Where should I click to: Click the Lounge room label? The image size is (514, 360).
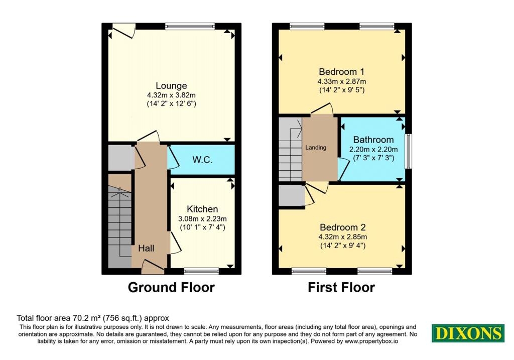[171, 86]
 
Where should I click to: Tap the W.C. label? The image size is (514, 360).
[202, 160]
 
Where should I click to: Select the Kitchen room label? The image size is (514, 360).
[202, 209]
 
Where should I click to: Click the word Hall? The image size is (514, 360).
[146, 248]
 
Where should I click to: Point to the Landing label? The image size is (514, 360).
[316, 148]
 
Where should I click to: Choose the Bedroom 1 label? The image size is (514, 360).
[341, 71]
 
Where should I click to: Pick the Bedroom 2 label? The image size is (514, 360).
[341, 227]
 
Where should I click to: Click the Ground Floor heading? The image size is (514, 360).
[171, 288]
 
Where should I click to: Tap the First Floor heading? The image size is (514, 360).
[341, 288]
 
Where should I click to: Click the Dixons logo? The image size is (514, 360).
[468, 333]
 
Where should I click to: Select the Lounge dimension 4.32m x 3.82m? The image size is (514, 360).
[171, 95]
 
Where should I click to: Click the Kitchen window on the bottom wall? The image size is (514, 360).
[201, 271]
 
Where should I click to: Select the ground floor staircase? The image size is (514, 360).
[120, 221]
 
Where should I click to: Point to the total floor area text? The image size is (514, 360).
[93, 318]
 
